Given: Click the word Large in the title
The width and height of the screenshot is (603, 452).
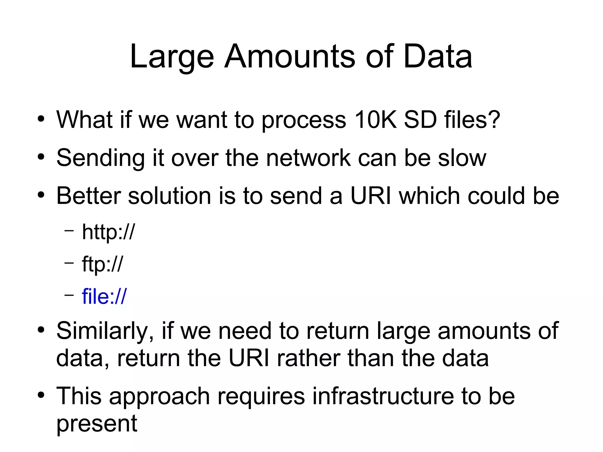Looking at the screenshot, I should tap(172, 57).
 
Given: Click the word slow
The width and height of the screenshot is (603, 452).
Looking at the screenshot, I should tap(462, 158).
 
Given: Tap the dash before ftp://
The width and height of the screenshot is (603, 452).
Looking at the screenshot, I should tap(69, 262).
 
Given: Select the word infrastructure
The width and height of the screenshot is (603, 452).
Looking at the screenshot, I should tap(383, 396).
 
